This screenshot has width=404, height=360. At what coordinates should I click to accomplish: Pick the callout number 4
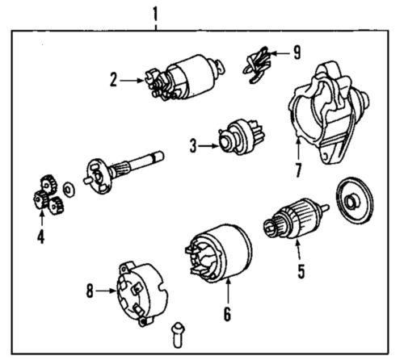[x=40, y=237]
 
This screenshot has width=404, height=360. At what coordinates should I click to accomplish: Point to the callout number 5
[x=300, y=271]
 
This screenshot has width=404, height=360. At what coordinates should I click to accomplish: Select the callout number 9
[x=297, y=54]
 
